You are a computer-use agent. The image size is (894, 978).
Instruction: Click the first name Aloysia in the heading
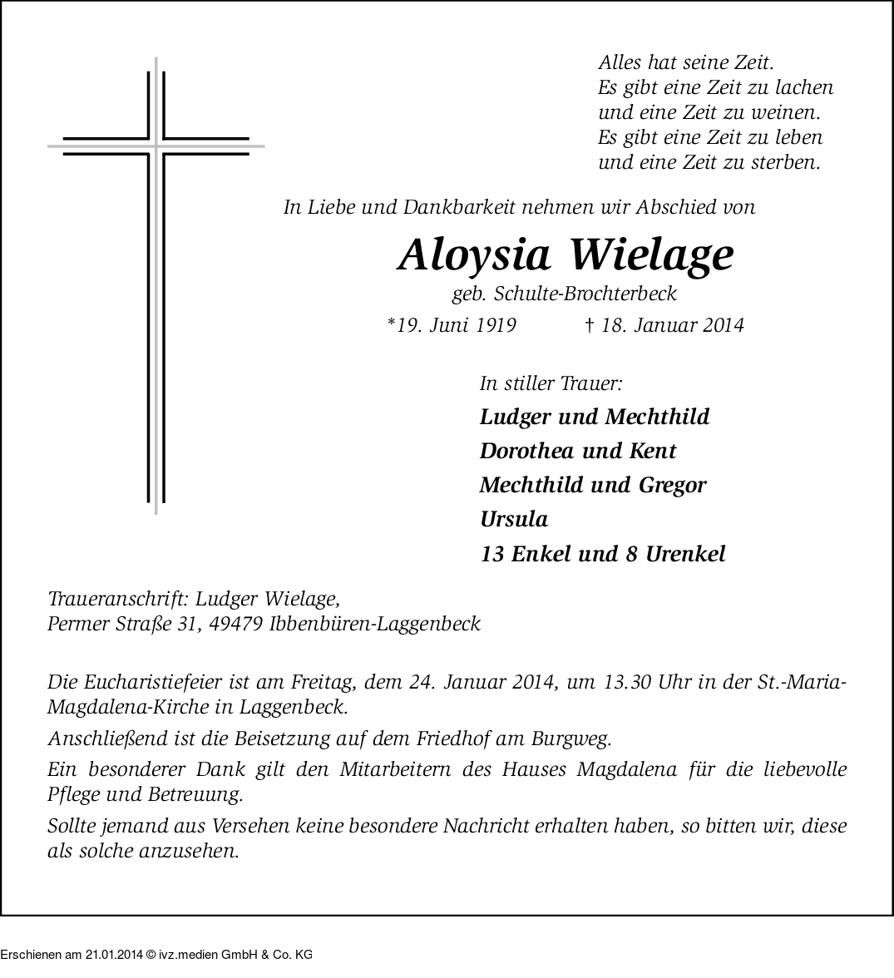tap(474, 256)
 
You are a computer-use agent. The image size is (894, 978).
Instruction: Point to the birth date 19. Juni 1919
tap(452, 325)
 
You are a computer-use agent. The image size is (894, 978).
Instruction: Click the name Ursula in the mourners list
tap(514, 520)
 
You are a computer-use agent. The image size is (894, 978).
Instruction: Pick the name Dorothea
tap(525, 451)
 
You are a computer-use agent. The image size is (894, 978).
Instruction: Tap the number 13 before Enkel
tap(492, 554)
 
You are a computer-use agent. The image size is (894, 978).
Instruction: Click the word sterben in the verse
tap(784, 162)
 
